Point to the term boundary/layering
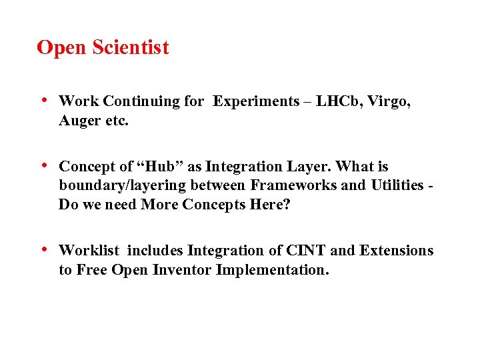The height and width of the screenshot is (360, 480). (119, 185)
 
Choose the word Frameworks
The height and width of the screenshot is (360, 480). (293, 185)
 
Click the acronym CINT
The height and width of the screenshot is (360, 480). (305, 251)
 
